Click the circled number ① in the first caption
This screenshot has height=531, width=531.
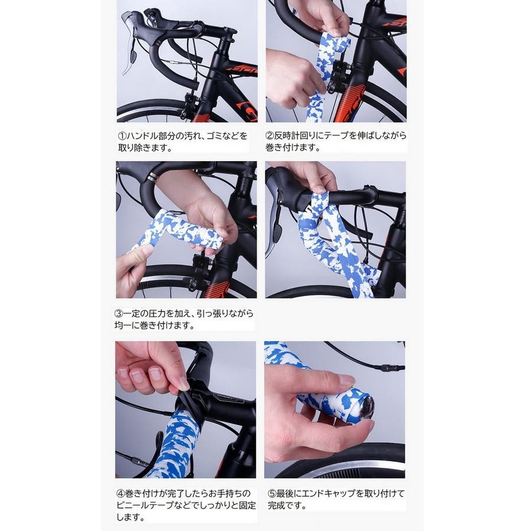(122, 136)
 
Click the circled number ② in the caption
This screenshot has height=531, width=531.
(269, 136)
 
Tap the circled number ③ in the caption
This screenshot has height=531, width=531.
(119, 314)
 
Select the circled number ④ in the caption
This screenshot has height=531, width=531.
(120, 493)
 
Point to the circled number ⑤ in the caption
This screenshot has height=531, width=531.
(272, 494)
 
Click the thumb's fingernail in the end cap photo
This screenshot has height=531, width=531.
(347, 380)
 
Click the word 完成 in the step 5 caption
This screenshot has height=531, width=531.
(276, 506)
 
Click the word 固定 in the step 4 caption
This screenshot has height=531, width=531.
(247, 505)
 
